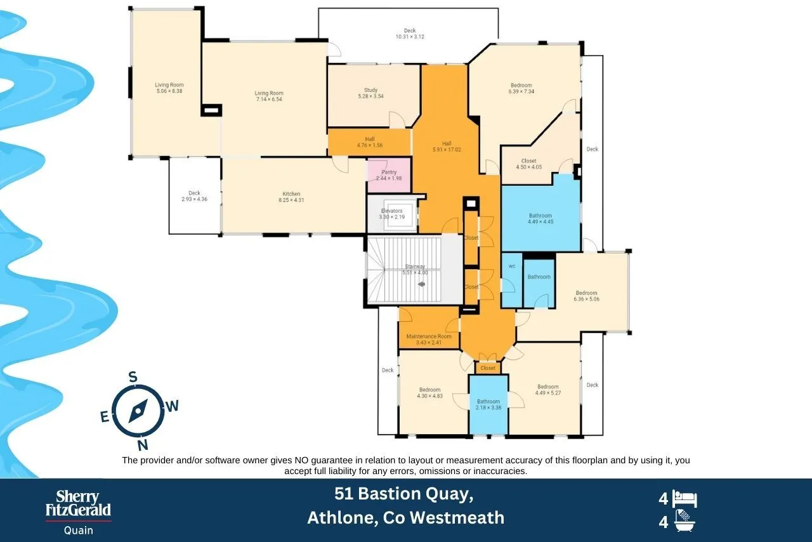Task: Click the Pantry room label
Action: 390,172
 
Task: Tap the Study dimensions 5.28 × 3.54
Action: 371,96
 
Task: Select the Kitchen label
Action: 291,194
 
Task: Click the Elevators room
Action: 391,214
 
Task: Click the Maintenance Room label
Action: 429,336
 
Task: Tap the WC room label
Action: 511,266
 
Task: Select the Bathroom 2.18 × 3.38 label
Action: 488,401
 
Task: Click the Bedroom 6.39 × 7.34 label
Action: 521,85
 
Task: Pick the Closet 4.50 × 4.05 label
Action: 528,161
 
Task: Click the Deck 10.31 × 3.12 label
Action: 409,30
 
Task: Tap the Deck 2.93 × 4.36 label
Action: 194,193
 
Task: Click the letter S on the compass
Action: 133,377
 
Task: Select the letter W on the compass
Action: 172,407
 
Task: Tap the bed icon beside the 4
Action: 685,499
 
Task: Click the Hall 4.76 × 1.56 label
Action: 370,139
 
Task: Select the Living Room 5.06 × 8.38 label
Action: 169,85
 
